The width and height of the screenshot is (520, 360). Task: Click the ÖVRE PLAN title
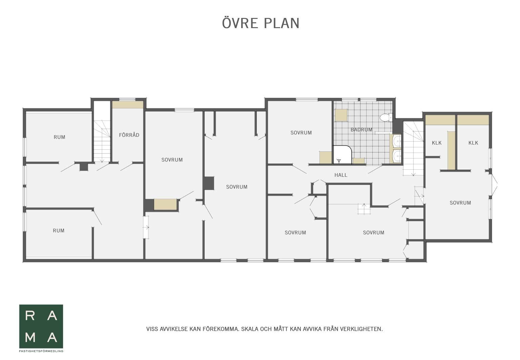coord(261,23)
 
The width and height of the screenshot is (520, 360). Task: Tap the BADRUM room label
coord(361,130)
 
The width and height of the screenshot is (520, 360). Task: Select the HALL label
coord(341,175)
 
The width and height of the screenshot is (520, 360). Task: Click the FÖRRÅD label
coord(129,135)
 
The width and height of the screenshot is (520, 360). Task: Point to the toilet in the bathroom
coord(386,118)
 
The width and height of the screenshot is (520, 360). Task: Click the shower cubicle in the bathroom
coord(342,155)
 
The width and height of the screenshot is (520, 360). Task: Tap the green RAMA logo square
coord(41,326)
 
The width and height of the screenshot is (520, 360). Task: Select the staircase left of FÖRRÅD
coord(102,141)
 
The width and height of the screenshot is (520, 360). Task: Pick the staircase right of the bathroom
coord(413,149)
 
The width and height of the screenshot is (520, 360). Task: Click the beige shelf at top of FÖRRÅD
coord(128,104)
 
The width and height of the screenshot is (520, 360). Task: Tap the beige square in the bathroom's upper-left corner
coord(341,115)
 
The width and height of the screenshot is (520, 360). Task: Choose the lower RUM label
coord(59,231)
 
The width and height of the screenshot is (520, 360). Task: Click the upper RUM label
coord(59,137)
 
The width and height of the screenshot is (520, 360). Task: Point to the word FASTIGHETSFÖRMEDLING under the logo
coord(41,351)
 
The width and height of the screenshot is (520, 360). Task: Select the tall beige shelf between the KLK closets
coord(451,150)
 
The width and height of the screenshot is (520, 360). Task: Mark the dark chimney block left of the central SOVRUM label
coord(209,183)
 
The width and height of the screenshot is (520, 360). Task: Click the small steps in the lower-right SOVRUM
coord(364,209)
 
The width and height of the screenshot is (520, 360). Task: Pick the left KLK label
coord(437,143)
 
